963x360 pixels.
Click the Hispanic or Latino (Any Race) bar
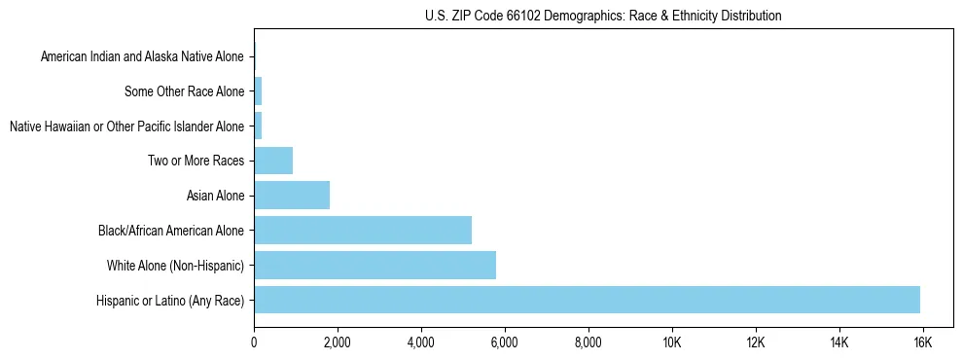click(x=587, y=300)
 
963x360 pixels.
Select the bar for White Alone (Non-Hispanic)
click(x=374, y=265)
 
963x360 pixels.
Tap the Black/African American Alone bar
click(x=363, y=231)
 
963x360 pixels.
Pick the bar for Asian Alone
click(x=292, y=196)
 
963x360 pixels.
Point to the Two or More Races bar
click(x=273, y=161)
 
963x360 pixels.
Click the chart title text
click(x=603, y=16)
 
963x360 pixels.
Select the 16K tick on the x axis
click(x=923, y=342)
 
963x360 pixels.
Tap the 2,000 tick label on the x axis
click(x=338, y=342)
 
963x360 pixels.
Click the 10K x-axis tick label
click(x=672, y=342)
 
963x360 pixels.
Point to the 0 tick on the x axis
click(x=254, y=342)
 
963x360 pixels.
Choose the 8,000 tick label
click(x=588, y=342)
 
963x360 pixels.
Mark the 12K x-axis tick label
click(x=756, y=342)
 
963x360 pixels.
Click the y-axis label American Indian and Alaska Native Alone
click(x=143, y=57)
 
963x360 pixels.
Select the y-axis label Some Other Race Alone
click(x=185, y=92)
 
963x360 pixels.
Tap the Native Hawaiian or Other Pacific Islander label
click(x=126, y=126)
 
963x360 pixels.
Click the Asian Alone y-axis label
click(x=215, y=197)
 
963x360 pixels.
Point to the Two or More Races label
click(x=196, y=162)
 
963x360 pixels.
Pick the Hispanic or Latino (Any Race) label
click(x=170, y=301)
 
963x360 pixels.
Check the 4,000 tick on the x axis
click(x=421, y=342)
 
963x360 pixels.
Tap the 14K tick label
click(x=839, y=342)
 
